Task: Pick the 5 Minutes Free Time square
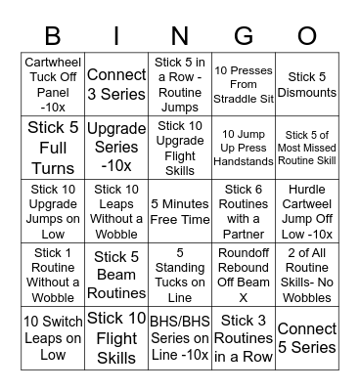pos(180,211)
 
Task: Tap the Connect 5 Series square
pos(307,338)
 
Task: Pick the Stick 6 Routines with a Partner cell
pos(244,211)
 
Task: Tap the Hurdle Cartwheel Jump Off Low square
pos(307,211)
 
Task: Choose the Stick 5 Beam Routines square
pos(116,275)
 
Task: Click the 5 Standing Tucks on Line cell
pos(180,275)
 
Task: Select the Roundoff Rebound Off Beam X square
pos(244,275)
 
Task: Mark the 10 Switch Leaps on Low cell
pos(53,338)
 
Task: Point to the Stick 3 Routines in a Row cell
pos(244,338)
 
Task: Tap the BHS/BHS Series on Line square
pos(180,338)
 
